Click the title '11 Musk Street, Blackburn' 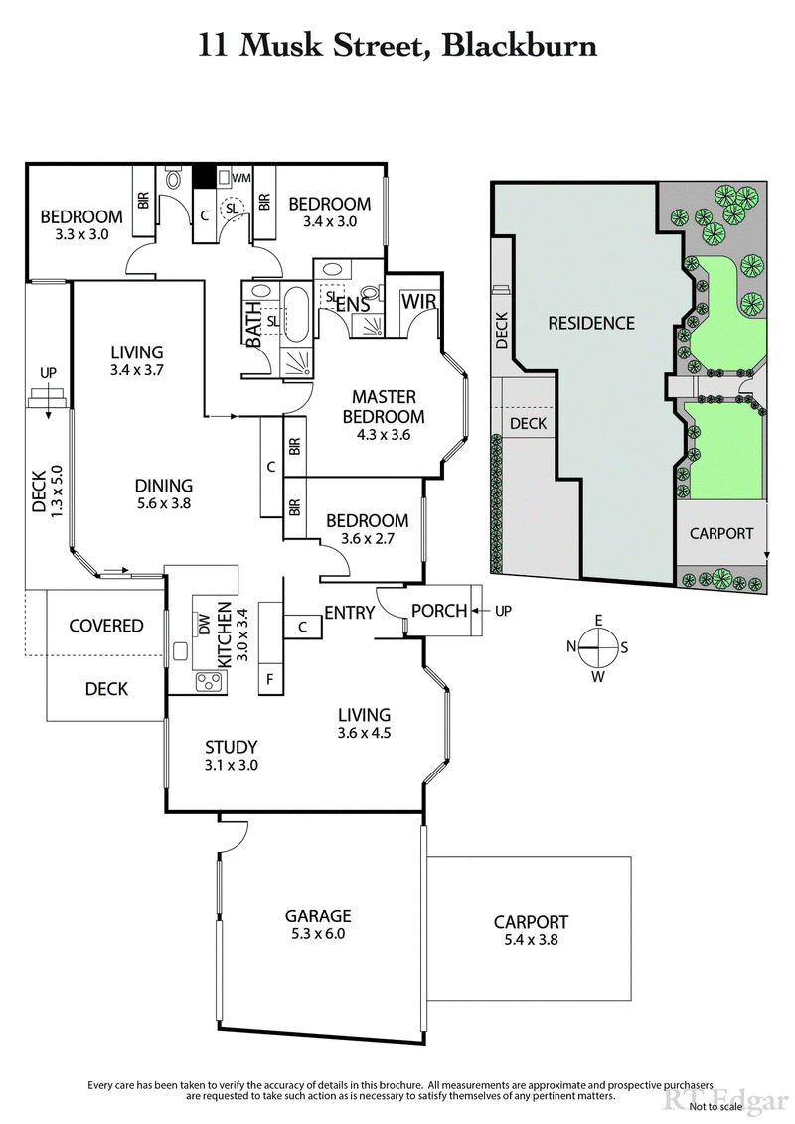[397, 45]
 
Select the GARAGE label [320, 916]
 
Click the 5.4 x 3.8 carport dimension [531, 938]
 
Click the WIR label [417, 302]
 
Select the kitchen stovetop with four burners [210, 681]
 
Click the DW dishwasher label [204, 625]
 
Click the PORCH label [439, 611]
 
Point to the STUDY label [232, 747]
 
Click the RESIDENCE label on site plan [590, 323]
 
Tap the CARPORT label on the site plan [721, 533]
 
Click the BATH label [254, 325]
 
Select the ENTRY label [349, 613]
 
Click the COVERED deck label [105, 626]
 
